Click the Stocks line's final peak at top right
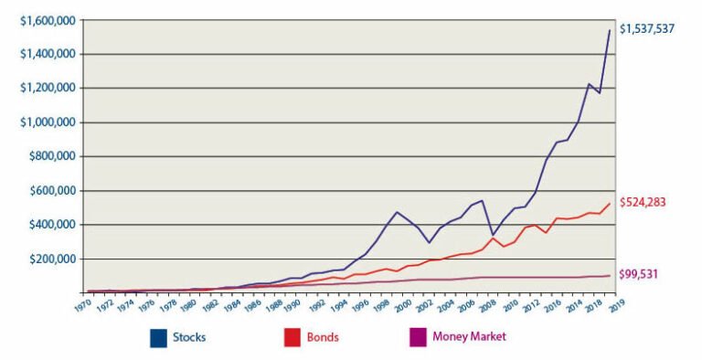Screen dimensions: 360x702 [x=610, y=31]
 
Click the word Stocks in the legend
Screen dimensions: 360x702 [x=189, y=337]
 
